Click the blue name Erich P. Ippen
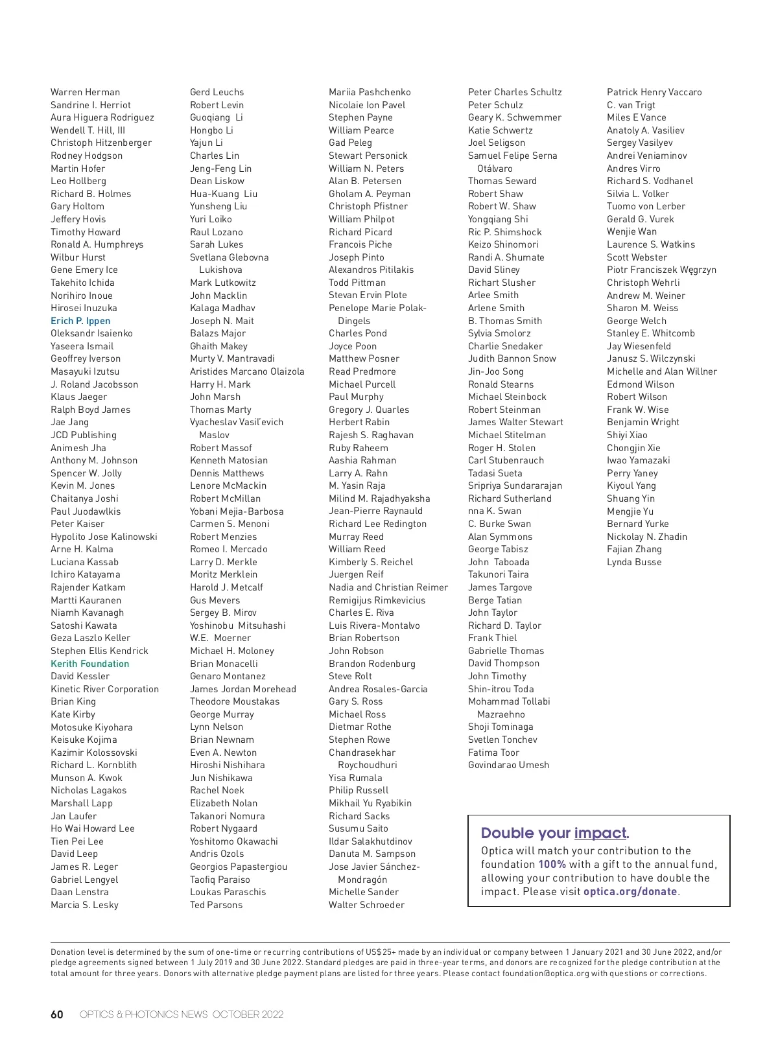pos(80,321)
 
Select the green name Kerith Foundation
pos(89,664)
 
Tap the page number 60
pos(57,1014)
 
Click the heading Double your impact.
pos(554,833)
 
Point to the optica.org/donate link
pos(630,892)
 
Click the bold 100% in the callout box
pos(552,865)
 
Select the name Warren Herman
pos(85,92)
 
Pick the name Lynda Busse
pos(634,562)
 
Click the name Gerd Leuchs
pos(217,92)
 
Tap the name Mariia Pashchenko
pos(370,92)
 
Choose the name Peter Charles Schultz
pos(515,92)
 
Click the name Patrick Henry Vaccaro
pos(654,92)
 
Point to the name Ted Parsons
pos(216,905)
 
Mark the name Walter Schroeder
pos(366,905)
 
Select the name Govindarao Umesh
pos(508,765)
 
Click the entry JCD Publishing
pos(84,435)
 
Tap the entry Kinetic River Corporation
pos(104,689)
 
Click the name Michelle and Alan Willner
pos(662,371)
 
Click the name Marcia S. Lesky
pos(84,905)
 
